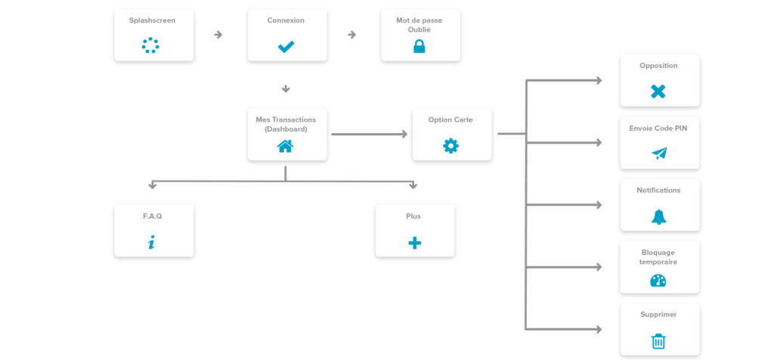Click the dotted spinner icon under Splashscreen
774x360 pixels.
(x=150, y=45)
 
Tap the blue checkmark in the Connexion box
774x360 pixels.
(x=286, y=47)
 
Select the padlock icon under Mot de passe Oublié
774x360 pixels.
(x=419, y=46)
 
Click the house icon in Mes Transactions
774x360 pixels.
(x=285, y=146)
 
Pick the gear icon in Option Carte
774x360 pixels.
(x=450, y=146)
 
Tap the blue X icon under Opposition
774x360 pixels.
(x=658, y=92)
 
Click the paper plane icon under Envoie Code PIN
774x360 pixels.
(x=659, y=154)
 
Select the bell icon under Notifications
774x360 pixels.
(x=658, y=217)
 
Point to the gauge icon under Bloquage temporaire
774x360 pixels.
(x=658, y=281)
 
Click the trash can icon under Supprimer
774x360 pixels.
(x=658, y=341)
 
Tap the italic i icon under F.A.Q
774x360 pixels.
(x=151, y=242)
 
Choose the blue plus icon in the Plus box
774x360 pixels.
(x=415, y=243)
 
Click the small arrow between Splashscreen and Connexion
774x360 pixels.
(x=218, y=35)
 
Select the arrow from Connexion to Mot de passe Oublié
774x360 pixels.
(x=352, y=35)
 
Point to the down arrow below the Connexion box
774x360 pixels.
(x=286, y=89)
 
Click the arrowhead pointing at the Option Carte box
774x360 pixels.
(x=404, y=134)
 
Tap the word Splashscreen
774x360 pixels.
(x=152, y=20)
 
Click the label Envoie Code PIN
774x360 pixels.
(x=658, y=129)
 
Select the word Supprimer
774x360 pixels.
(x=658, y=315)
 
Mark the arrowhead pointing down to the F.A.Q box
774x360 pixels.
(x=153, y=186)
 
